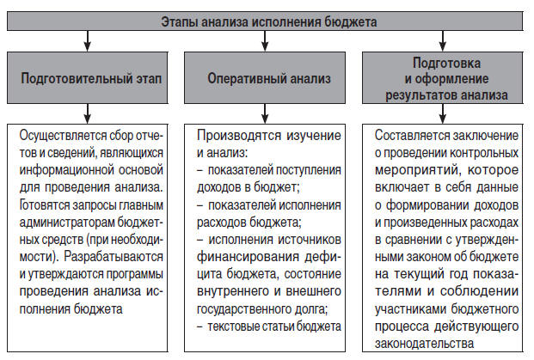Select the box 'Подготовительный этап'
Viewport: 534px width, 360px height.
click(91, 77)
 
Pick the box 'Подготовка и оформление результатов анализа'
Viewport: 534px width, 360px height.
click(446, 77)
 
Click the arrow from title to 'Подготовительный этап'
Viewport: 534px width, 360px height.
click(86, 40)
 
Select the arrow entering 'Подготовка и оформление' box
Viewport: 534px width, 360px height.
click(442, 40)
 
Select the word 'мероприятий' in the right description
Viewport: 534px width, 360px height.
click(415, 168)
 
